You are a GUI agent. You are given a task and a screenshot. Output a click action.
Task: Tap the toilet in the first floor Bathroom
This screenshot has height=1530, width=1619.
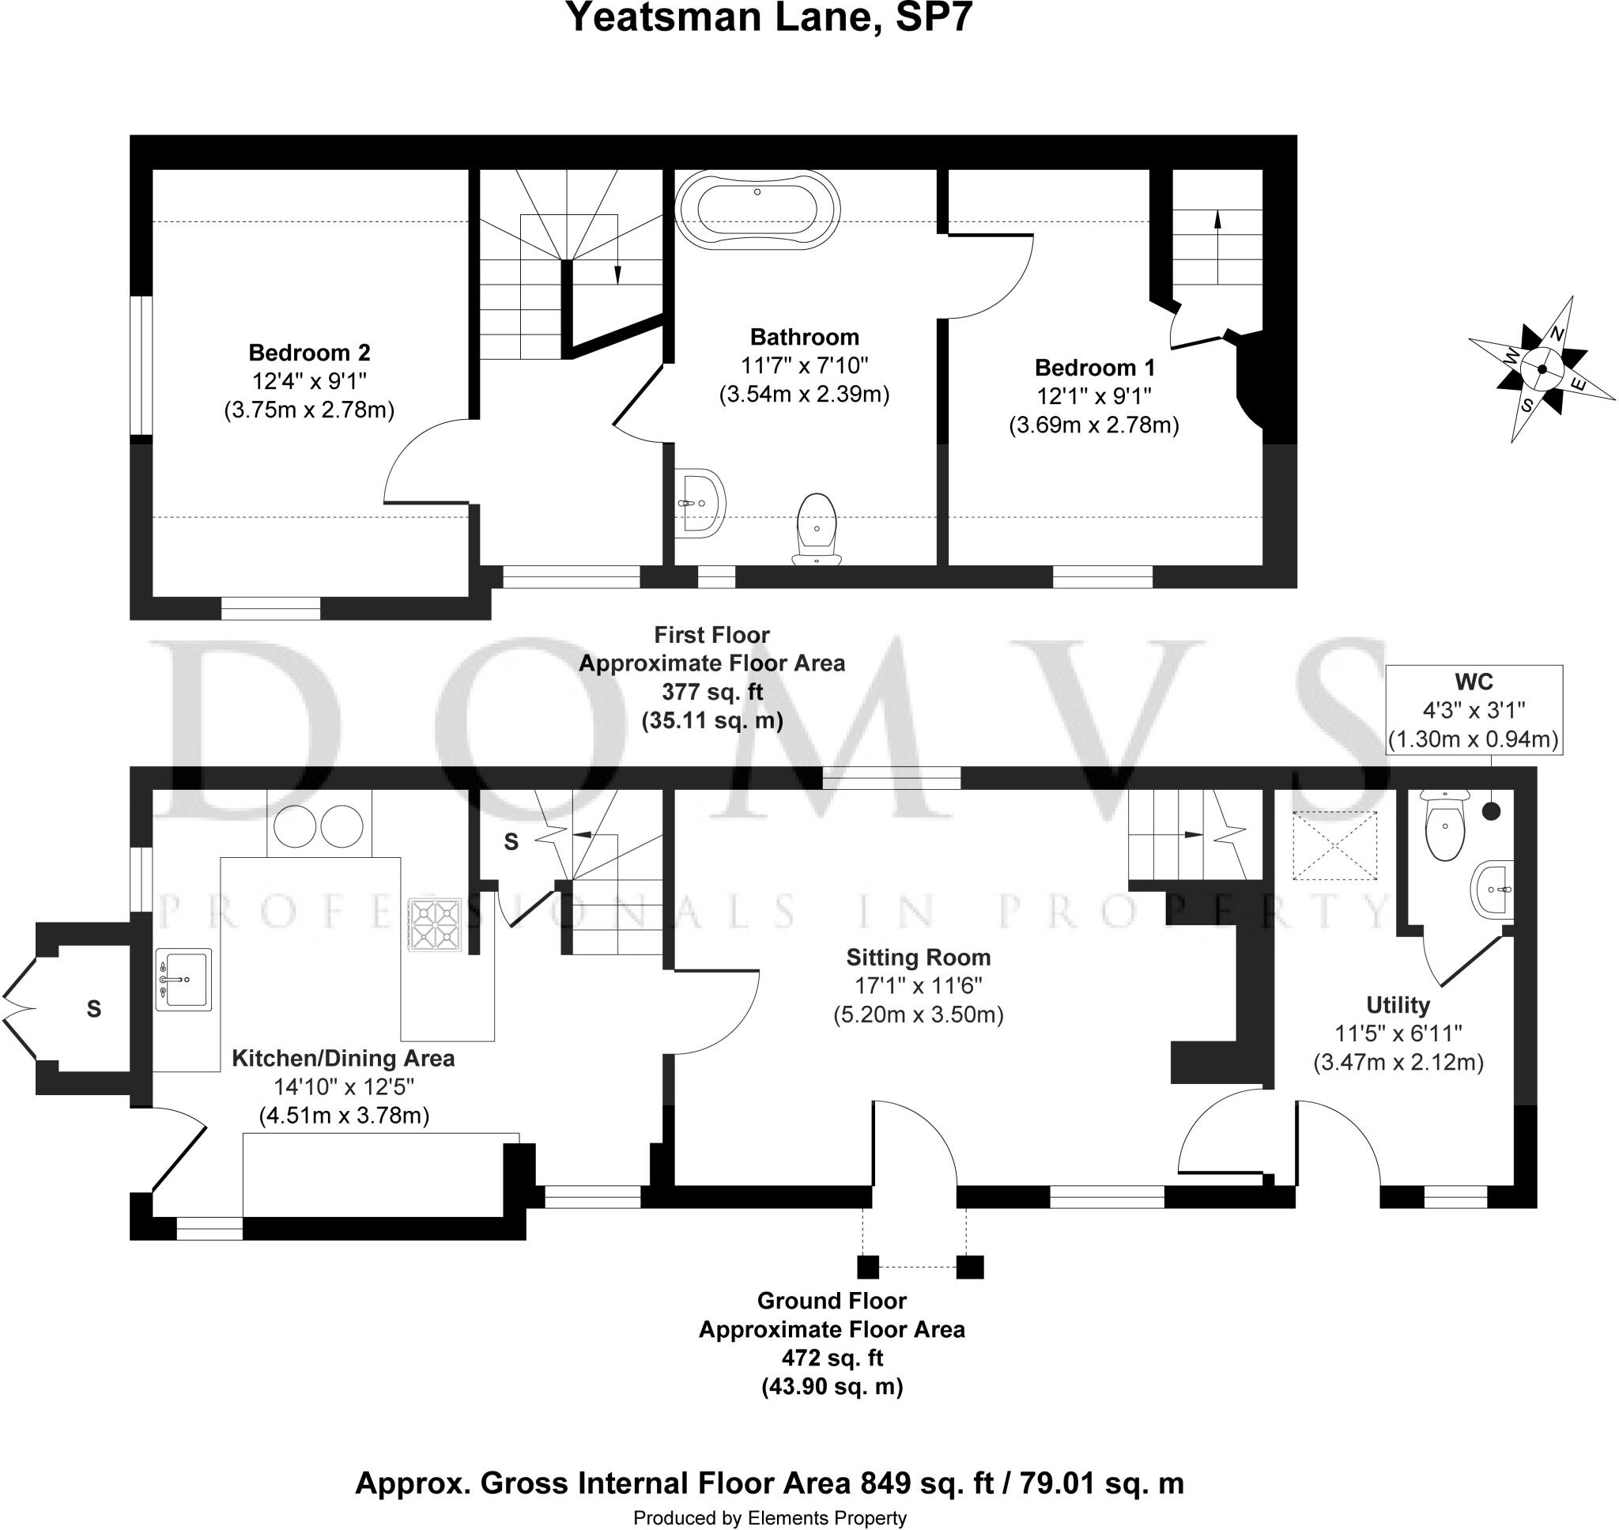(817, 528)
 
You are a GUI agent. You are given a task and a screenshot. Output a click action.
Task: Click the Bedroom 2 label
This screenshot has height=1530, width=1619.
(309, 353)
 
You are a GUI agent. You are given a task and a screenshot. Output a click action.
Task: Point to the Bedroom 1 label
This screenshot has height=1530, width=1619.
(1094, 367)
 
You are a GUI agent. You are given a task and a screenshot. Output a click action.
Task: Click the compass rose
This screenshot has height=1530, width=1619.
(1541, 369)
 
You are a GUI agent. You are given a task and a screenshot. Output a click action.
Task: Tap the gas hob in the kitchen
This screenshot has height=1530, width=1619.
(435, 925)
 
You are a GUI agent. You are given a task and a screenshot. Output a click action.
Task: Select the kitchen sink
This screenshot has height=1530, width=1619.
(183, 979)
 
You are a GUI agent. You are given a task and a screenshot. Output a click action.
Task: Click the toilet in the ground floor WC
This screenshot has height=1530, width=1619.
(1444, 825)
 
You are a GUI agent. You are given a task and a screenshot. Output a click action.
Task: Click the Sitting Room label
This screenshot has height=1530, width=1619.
(918, 957)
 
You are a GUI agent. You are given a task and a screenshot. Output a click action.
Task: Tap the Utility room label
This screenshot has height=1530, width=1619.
(1398, 1005)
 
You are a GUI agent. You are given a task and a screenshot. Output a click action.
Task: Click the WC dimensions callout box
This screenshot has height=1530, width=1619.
(1474, 709)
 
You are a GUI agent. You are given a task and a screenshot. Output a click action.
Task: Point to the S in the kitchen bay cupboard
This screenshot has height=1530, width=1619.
(94, 1009)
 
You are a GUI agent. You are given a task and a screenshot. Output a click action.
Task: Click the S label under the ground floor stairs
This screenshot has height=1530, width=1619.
(511, 841)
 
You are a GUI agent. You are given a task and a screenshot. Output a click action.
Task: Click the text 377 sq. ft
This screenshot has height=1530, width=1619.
(711, 692)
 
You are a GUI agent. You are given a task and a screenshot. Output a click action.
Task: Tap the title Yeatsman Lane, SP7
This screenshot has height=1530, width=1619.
(768, 18)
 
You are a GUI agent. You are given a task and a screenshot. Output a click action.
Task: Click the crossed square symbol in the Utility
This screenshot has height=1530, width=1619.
(1334, 846)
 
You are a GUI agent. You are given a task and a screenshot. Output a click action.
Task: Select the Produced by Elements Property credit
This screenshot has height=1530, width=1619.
(768, 1518)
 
